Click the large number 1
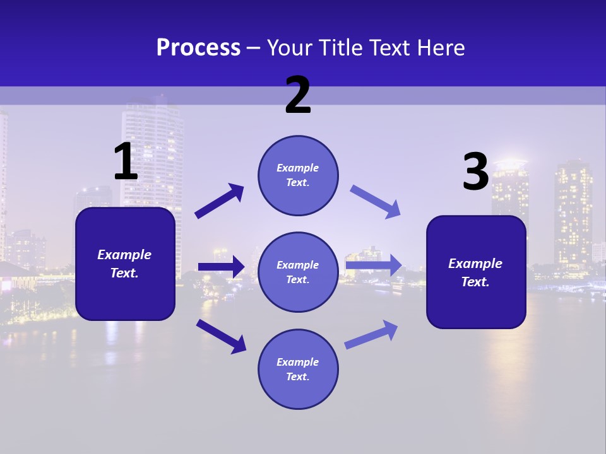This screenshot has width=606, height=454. pyautogui.click(x=126, y=162)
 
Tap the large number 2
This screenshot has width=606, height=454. pyautogui.click(x=298, y=95)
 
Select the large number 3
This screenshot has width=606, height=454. pyautogui.click(x=475, y=172)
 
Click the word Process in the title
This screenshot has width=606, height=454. pyautogui.click(x=198, y=47)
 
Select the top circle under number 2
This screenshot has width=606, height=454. pyautogui.click(x=298, y=175)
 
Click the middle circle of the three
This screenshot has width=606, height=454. pyautogui.click(x=298, y=272)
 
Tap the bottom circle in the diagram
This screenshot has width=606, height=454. pyautogui.click(x=298, y=369)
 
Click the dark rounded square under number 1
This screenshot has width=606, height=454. pyautogui.click(x=125, y=264)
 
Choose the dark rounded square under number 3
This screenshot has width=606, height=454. pyautogui.click(x=476, y=272)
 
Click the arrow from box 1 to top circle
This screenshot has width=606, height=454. pyautogui.click(x=220, y=201)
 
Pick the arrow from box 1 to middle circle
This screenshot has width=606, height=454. pyautogui.click(x=221, y=267)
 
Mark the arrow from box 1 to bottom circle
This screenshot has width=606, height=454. pyautogui.click(x=221, y=336)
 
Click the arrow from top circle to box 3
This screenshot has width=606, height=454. pyautogui.click(x=376, y=202)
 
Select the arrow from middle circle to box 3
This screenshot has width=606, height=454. pyautogui.click(x=374, y=265)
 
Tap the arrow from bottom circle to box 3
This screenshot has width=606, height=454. pyautogui.click(x=372, y=334)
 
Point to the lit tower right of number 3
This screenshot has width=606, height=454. pyautogui.click(x=573, y=208)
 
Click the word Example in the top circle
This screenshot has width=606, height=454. pyautogui.click(x=298, y=168)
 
